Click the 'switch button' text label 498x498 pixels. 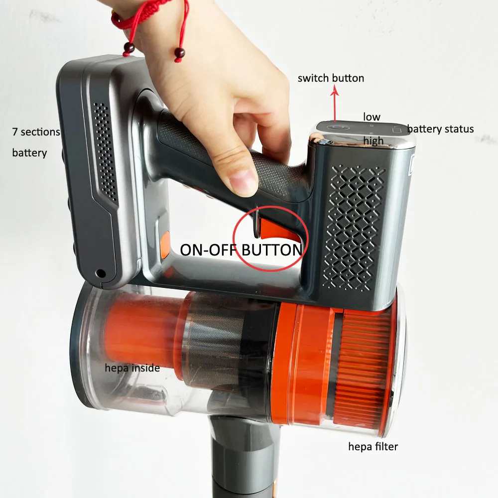pos(331,78)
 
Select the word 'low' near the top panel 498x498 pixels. pos(372,117)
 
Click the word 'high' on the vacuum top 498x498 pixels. pos(373,141)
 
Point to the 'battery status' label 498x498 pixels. pos(440,129)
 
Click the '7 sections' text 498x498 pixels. pos(36,132)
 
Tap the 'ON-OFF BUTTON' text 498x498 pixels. pos(241,249)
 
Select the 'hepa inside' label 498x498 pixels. pos(132,368)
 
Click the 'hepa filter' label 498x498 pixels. pos(373,447)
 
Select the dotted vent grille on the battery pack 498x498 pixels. pos(105,149)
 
